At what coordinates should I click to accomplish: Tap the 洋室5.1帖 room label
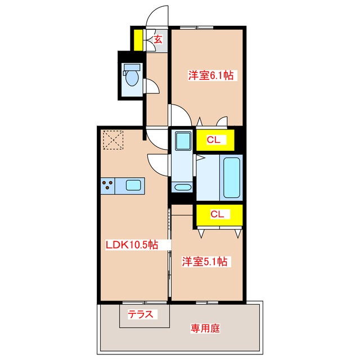[204, 262]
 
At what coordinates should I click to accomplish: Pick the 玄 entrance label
[158, 39]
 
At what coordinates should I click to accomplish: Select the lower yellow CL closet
[218, 214]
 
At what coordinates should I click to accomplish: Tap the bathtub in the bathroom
[232, 178]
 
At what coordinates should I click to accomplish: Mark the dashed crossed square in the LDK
[112, 139]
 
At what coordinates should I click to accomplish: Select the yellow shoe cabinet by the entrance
[137, 40]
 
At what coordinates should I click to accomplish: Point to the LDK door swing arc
[157, 164]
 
